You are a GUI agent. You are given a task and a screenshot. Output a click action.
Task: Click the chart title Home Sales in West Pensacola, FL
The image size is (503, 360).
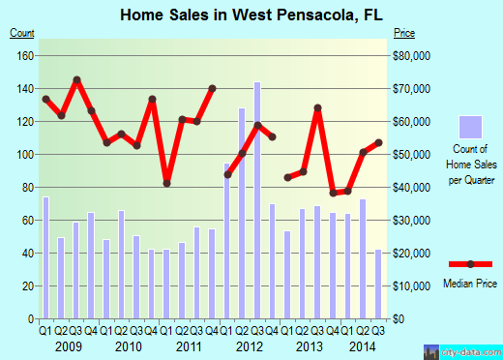[250, 15]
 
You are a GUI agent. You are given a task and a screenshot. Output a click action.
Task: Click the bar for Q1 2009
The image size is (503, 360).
[45, 257]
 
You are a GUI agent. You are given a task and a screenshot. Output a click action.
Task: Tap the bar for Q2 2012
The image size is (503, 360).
[242, 213]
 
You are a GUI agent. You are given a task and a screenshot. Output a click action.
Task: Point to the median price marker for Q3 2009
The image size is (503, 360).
[76, 79]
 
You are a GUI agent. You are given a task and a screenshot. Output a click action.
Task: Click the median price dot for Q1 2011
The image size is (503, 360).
[166, 183]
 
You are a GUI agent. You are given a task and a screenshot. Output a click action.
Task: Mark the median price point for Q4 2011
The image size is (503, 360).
[212, 88]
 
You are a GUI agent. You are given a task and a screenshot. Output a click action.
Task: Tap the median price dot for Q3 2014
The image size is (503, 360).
[378, 142]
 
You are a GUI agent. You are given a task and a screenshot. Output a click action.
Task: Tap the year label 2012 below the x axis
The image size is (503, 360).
[250, 345]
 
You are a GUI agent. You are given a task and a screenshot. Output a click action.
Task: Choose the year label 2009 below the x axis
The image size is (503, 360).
[68, 345]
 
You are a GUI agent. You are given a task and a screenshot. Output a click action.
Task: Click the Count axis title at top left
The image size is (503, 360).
[21, 33]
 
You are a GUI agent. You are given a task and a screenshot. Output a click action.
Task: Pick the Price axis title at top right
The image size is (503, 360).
[405, 33]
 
